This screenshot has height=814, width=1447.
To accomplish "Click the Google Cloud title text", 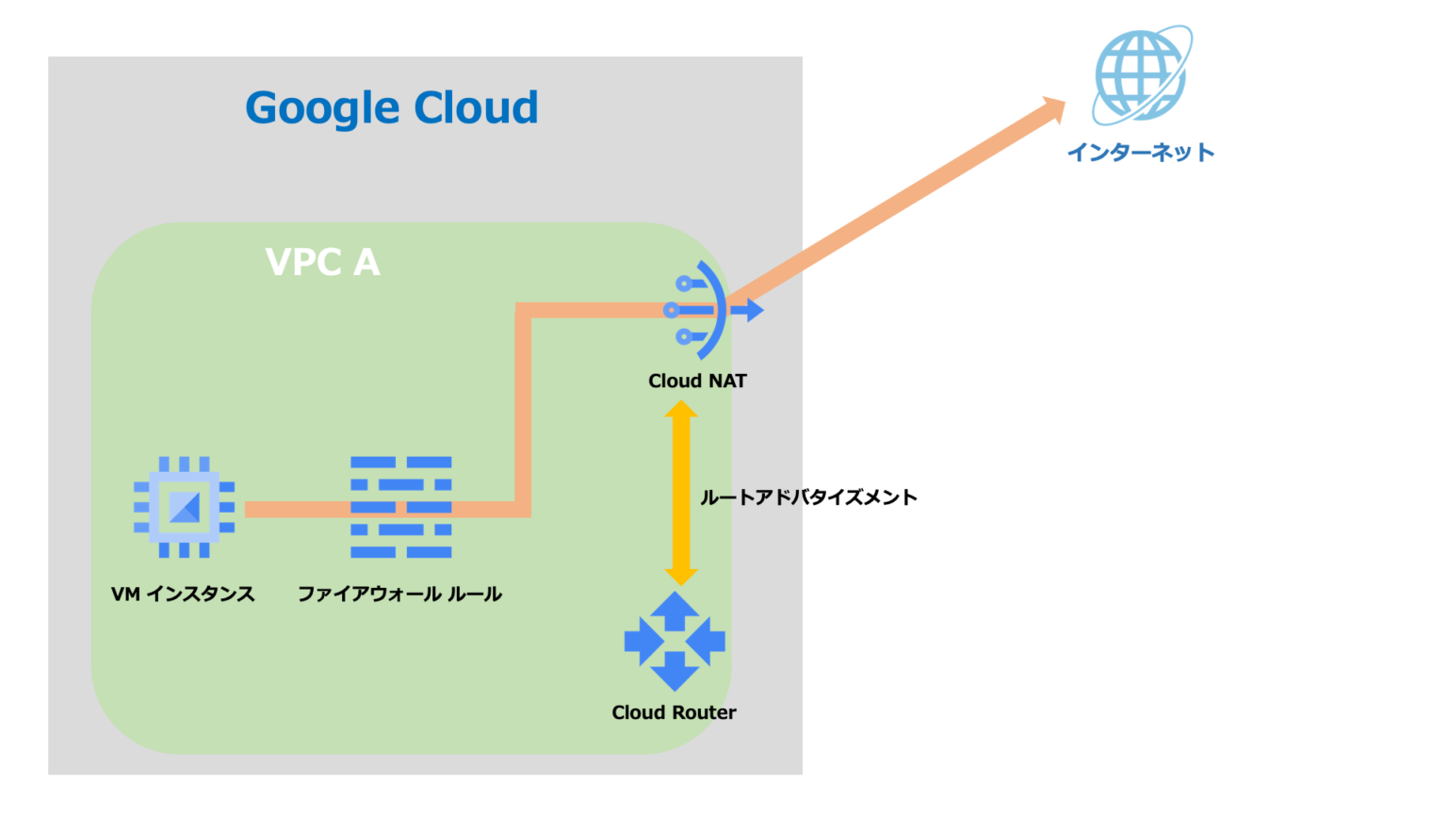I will click(x=391, y=108).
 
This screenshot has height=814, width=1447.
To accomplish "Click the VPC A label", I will click(x=323, y=262).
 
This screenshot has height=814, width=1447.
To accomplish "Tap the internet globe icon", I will click(x=1141, y=75).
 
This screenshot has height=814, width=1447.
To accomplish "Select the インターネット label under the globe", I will click(x=1140, y=153).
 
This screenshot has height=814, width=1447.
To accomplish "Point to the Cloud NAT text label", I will click(x=697, y=381).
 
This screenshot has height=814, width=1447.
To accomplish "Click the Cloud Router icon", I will click(x=675, y=642).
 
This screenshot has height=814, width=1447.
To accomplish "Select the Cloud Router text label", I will click(x=674, y=712).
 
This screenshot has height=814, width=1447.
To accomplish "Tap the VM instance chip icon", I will click(x=184, y=507).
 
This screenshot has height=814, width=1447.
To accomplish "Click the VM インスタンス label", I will click(x=183, y=594).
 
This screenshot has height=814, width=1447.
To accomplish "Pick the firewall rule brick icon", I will click(x=400, y=507).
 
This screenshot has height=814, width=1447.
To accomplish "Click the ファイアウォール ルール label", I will click(x=399, y=594).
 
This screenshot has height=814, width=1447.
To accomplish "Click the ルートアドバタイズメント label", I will click(x=808, y=497).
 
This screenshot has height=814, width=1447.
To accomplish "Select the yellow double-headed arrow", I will click(x=680, y=493).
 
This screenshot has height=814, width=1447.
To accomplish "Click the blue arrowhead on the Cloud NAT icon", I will click(x=754, y=310).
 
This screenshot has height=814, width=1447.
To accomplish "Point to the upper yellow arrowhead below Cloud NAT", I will click(x=680, y=412).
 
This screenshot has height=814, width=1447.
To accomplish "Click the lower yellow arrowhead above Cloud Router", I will click(x=680, y=575).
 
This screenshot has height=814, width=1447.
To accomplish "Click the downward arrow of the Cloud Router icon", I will click(x=675, y=675).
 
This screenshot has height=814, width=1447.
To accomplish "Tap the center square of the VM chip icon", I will click(x=184, y=507).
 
